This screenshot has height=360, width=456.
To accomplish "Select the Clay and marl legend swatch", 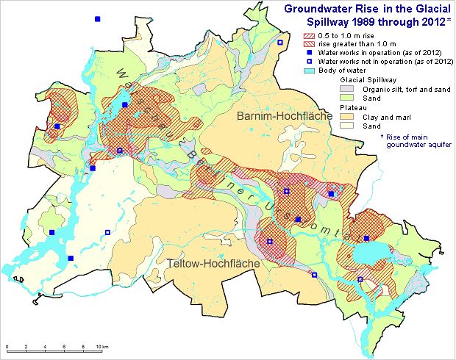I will tap(343, 116).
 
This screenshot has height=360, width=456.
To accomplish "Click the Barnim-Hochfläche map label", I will tap(276, 116).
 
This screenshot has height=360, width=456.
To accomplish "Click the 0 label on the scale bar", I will tap(7, 347).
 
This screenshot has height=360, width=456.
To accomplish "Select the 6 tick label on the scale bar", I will tap(65, 347).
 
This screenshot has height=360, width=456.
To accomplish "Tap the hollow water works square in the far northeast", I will tap(280, 43).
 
